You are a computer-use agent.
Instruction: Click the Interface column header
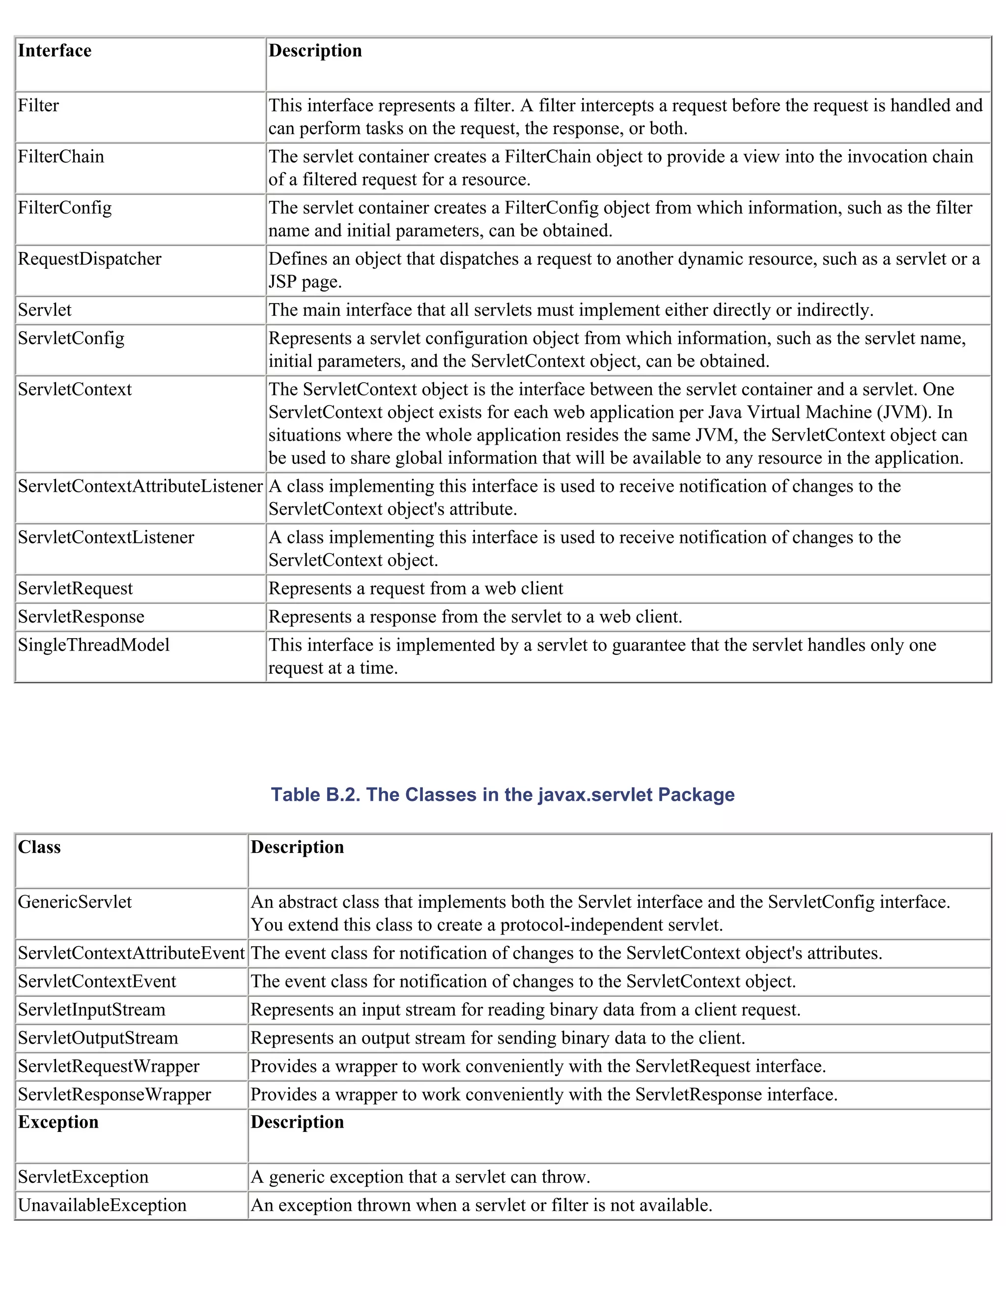click(x=54, y=51)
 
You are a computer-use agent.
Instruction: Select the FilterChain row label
click(x=61, y=157)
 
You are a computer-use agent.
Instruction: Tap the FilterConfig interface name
click(x=64, y=208)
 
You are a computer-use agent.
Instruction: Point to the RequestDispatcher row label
click(x=89, y=259)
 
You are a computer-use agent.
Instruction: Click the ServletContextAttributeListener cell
click(x=140, y=486)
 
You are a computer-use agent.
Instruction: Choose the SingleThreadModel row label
click(x=93, y=645)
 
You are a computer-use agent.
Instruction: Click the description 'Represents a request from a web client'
click(x=416, y=589)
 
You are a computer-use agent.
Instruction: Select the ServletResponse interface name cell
click(x=81, y=617)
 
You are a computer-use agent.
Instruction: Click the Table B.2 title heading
click(x=503, y=794)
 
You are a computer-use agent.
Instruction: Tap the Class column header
click(x=39, y=847)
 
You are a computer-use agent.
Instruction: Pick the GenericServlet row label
click(x=75, y=902)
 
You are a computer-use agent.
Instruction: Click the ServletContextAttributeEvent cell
click(x=131, y=953)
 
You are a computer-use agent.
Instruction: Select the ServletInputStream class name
click(x=91, y=1010)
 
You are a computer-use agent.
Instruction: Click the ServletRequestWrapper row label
click(x=109, y=1067)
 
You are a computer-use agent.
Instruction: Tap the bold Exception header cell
click(x=58, y=1122)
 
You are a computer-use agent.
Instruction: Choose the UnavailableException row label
click(x=102, y=1205)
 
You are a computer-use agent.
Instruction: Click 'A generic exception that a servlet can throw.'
click(x=420, y=1177)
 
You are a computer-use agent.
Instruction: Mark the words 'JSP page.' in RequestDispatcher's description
click(x=305, y=282)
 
